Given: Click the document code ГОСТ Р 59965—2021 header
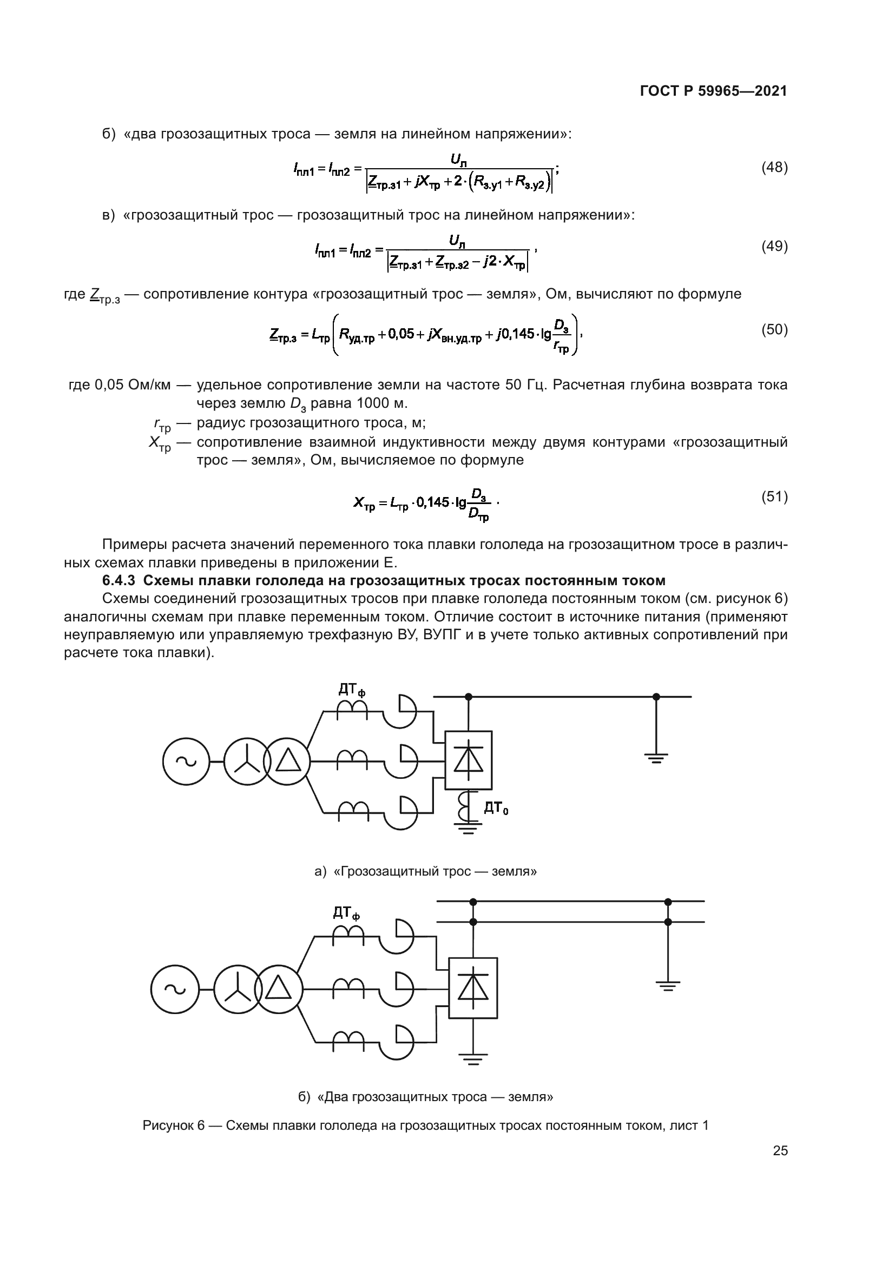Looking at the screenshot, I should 713,91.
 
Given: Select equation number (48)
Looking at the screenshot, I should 774,168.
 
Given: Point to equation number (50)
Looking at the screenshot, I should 774,329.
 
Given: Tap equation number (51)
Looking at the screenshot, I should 774,496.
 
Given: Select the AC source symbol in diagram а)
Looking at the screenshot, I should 186,762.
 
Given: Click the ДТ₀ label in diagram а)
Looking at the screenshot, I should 496,808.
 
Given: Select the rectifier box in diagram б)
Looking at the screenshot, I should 473,988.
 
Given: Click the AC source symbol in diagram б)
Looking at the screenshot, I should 175,989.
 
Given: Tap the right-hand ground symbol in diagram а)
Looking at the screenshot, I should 656,758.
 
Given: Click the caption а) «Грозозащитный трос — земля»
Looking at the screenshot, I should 425,871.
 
